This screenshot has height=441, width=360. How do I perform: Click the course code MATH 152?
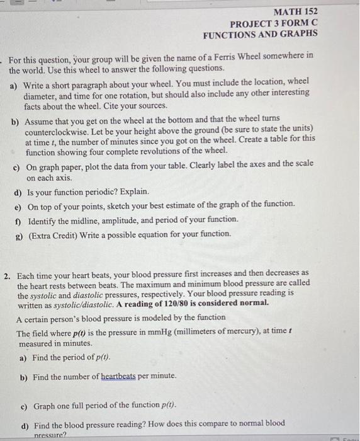(x=296, y=11)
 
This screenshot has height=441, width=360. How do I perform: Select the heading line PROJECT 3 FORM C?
(x=274, y=23)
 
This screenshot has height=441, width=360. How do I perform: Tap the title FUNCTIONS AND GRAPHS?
(x=260, y=33)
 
